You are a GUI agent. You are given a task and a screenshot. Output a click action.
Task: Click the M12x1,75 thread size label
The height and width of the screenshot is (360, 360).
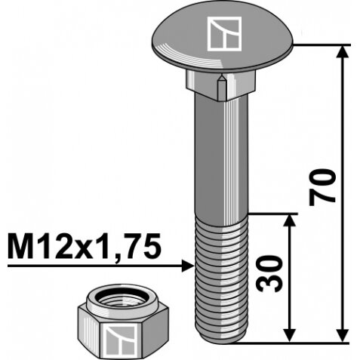(84, 246)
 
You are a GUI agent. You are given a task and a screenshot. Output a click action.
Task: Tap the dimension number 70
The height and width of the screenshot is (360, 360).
(323, 187)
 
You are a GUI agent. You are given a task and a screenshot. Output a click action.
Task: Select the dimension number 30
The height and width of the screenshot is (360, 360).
(268, 273)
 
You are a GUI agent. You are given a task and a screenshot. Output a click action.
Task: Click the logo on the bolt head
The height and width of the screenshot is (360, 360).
(224, 34)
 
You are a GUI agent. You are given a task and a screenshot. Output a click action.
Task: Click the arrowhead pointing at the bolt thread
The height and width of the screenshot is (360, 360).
(188, 266)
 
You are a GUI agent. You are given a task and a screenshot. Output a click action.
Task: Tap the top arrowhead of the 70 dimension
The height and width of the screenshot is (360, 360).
(343, 51)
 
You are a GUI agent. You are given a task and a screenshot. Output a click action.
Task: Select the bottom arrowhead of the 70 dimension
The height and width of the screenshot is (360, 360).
(343, 335)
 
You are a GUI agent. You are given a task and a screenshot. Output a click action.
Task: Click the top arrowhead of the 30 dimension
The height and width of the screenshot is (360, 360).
(290, 220)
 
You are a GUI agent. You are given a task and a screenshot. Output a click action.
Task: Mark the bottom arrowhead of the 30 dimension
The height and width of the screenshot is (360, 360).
(290, 335)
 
